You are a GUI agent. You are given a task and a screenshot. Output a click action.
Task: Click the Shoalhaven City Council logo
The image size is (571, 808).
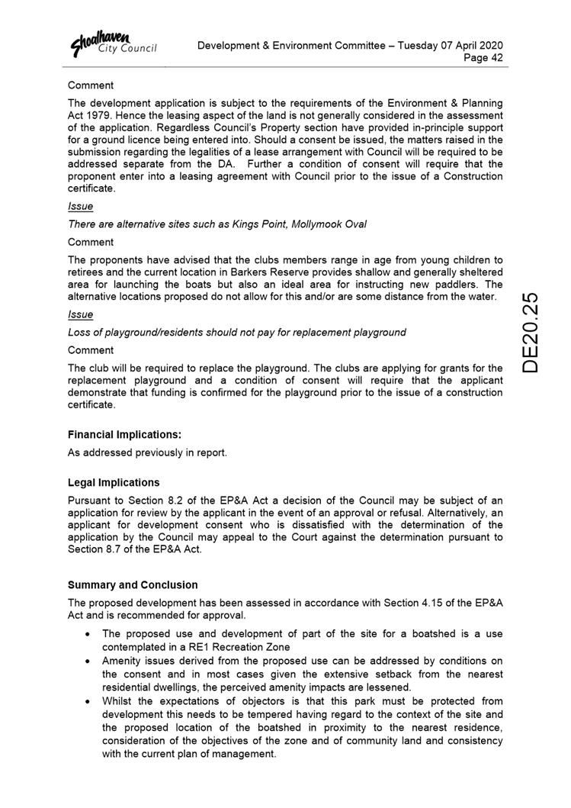pyautogui.click(x=114, y=43)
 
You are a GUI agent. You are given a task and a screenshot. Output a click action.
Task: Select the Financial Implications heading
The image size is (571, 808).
pyautogui.click(x=124, y=434)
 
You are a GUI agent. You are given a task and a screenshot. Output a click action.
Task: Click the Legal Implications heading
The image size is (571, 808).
pyautogui.click(x=114, y=482)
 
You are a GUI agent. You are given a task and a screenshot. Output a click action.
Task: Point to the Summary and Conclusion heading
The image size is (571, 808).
pyautogui.click(x=133, y=584)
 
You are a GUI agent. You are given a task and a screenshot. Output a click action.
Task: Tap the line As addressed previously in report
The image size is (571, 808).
pyautogui.click(x=147, y=452)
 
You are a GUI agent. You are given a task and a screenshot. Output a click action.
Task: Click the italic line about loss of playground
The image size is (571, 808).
pyautogui.click(x=236, y=332)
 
